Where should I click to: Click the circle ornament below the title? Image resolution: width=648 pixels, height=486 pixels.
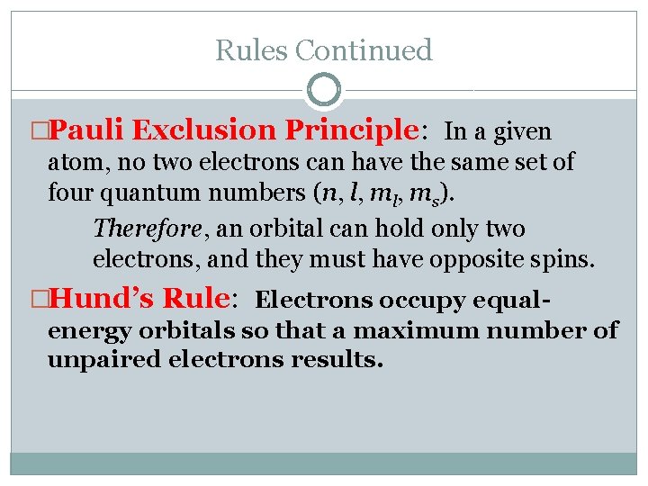click(324, 90)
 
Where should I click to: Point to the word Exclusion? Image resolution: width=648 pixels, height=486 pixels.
click(204, 130)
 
